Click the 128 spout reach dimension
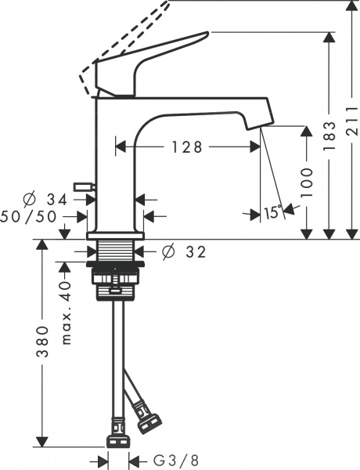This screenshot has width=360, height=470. (x=188, y=146)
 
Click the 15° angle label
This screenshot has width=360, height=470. (x=272, y=212)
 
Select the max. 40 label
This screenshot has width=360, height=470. (x=67, y=313)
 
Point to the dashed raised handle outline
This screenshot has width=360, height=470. (x=125, y=39)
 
